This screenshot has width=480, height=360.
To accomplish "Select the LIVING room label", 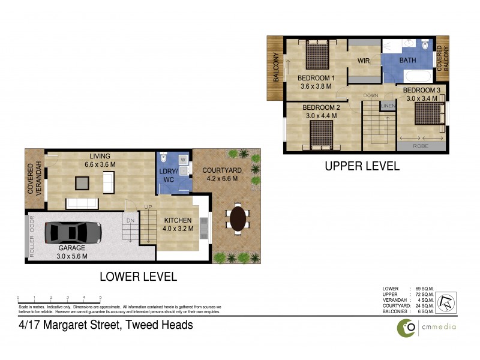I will point(99,155).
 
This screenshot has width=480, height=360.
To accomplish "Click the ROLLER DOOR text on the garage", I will point(32,236).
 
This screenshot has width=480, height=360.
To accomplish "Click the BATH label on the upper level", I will point(407,61).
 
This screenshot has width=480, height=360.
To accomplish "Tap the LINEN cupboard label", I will point(388,106).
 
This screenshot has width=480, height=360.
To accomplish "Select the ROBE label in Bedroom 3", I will point(421,145).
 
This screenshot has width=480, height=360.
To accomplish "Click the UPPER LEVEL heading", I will point(362,167).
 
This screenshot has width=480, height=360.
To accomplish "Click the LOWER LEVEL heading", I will point(138,277).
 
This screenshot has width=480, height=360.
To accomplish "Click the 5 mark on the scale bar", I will point(100,298).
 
